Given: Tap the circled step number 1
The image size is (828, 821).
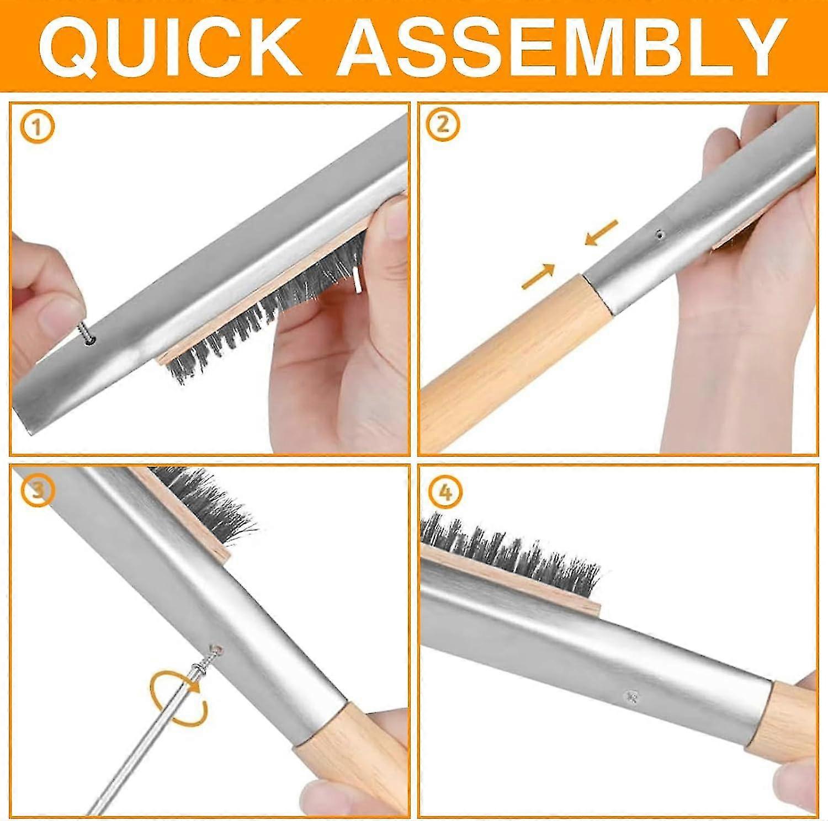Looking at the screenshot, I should pos(37,128).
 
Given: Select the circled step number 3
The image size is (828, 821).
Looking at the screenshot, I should pos(36,490).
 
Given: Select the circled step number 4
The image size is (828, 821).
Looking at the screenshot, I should pos(444,492).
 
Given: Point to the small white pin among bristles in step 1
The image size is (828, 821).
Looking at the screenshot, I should pos(358,279).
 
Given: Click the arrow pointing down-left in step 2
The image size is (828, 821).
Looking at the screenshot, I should pos(601,232).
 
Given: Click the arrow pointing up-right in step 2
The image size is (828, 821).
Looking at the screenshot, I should pos(538,276).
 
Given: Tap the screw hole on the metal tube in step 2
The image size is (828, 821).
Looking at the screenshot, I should pos(659,234).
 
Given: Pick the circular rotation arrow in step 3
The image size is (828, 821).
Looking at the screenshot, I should pos(178,698).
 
